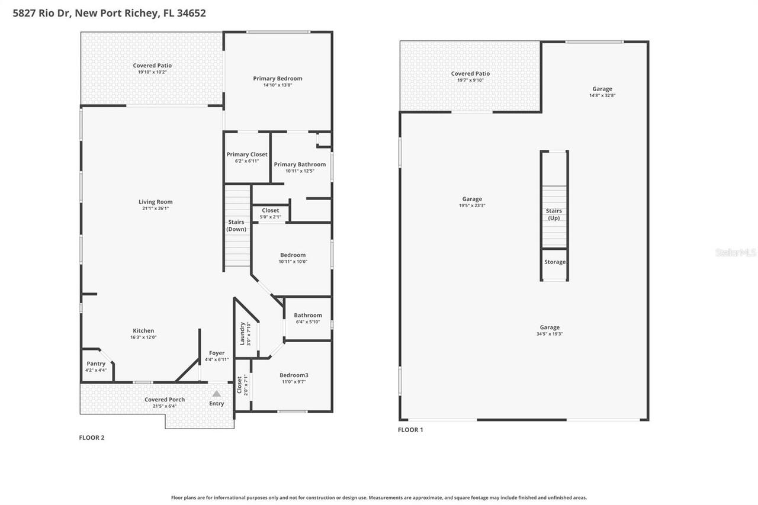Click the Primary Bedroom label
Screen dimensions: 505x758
(x=277, y=78)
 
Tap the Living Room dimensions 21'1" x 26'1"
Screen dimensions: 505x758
(x=155, y=208)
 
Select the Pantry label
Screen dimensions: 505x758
(x=96, y=364)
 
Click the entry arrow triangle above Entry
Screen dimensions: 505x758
(x=217, y=394)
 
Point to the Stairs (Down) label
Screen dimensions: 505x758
(x=236, y=226)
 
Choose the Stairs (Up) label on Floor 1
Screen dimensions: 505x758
(x=554, y=214)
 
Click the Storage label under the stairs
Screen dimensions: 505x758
(x=555, y=262)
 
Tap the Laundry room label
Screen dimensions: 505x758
(x=242, y=333)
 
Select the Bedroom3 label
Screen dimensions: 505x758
(x=294, y=375)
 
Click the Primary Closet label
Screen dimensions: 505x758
(x=247, y=155)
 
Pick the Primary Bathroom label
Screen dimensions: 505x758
(x=300, y=165)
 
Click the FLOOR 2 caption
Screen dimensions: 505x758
(x=92, y=438)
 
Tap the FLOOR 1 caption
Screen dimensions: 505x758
(x=410, y=430)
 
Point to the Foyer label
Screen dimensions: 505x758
(x=217, y=353)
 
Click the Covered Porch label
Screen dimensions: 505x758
(x=165, y=400)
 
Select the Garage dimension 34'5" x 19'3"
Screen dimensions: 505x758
(x=550, y=334)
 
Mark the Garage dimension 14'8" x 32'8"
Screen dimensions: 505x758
(x=602, y=95)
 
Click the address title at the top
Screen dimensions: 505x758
(x=110, y=13)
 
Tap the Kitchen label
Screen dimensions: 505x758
(x=143, y=331)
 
